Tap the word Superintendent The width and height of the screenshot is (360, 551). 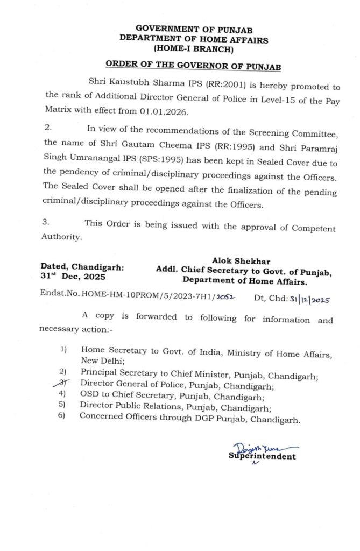point(262,457)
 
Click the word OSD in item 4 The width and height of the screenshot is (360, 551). point(89,396)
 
